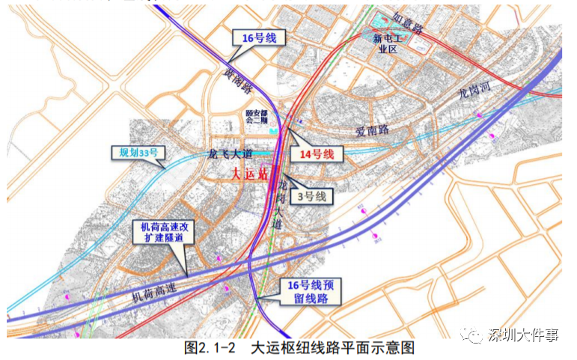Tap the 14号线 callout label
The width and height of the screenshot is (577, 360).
317,154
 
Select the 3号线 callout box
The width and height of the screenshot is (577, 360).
311,196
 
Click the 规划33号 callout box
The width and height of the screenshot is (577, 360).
137,153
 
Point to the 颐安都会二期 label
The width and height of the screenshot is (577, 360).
257,120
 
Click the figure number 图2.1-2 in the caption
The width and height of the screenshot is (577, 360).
210,348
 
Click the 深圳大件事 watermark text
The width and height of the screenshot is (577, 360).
523,335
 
